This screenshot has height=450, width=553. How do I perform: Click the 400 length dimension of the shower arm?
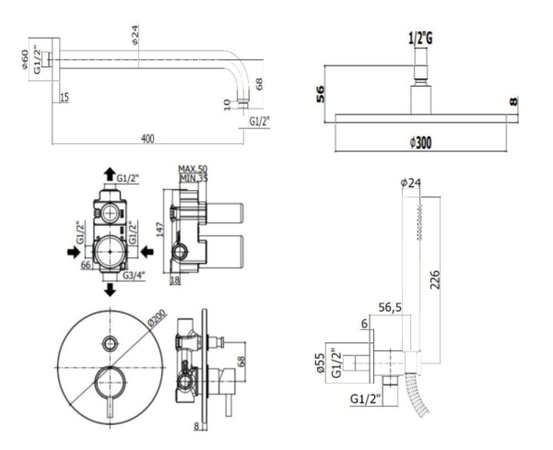[147, 137]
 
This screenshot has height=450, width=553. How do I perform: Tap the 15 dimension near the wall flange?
[64, 97]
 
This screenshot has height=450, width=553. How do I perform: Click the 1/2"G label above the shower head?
[420, 38]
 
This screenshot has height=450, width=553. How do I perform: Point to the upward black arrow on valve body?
[110, 173]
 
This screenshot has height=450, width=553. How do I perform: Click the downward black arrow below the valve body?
[111, 290]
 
